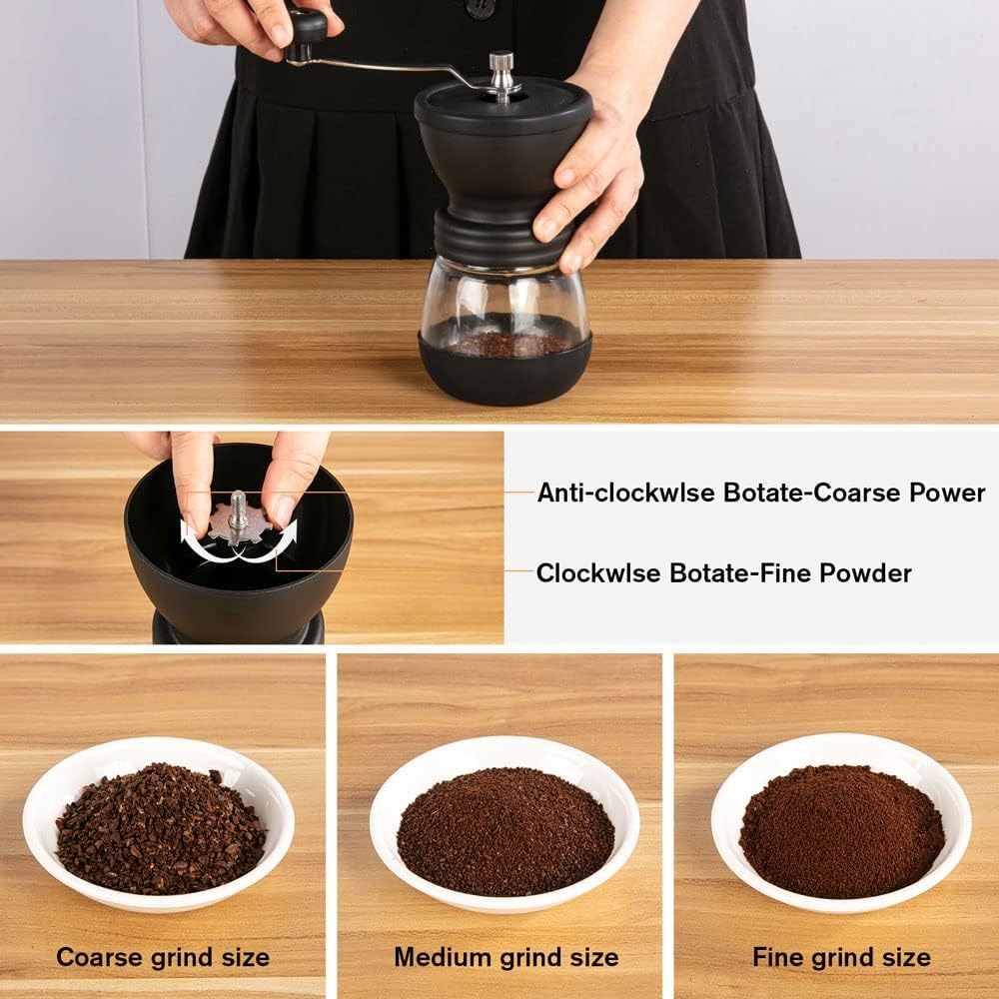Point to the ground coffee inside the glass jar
click(504, 345)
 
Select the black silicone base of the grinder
click(504, 380)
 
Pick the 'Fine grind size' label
click(841, 957)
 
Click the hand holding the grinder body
click(589, 180)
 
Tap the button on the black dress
click(482, 8)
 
